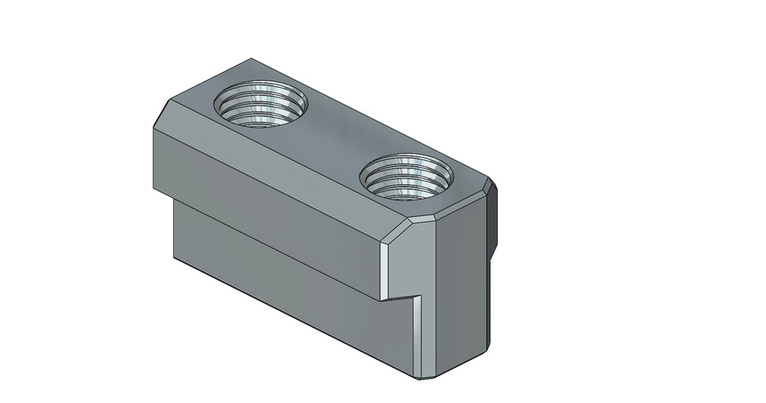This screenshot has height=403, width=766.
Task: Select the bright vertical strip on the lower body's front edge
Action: [x=417, y=335]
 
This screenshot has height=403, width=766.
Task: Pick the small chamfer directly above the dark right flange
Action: [x=489, y=188]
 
